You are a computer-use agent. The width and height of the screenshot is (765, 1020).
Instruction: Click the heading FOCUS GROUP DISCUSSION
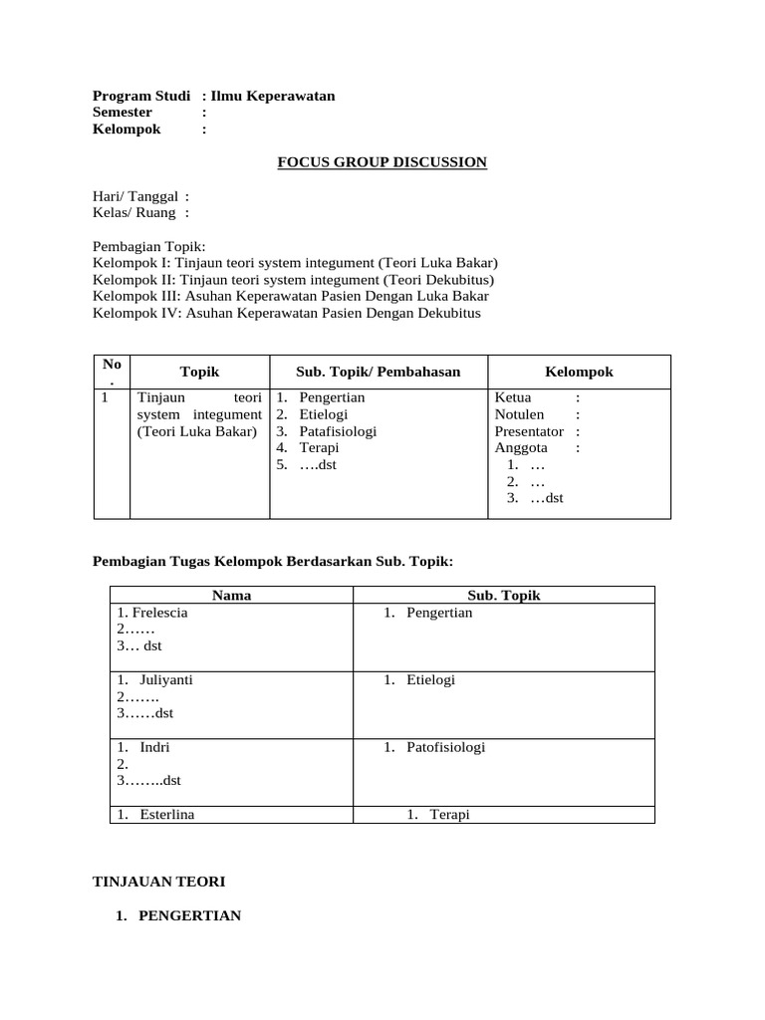382,162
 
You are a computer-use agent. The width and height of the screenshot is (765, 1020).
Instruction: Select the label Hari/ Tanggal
134,196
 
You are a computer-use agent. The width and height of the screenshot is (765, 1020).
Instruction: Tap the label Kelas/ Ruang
134,212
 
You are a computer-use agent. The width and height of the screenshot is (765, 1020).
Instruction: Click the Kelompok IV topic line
286,313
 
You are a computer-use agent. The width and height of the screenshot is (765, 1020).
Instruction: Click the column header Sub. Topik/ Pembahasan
378,372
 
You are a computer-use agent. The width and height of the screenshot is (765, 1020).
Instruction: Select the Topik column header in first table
199,372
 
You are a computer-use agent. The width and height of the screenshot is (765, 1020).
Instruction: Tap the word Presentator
529,431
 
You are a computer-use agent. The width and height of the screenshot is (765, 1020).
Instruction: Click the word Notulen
519,414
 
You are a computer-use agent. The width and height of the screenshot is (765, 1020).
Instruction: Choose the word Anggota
521,448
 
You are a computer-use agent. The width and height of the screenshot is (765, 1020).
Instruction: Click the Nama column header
231,596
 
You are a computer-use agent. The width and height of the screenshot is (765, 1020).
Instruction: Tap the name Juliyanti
166,679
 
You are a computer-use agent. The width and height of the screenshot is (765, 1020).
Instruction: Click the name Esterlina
166,814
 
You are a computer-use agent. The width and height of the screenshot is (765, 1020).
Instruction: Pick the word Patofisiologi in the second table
445,746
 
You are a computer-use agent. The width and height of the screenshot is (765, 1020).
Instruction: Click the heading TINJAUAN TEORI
158,882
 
